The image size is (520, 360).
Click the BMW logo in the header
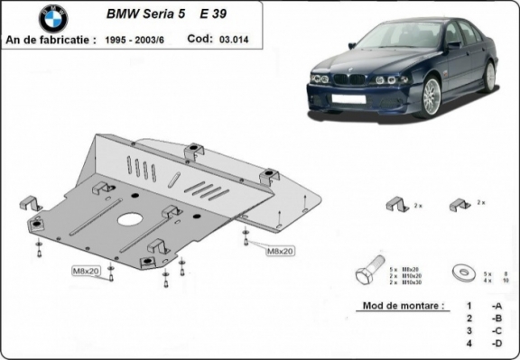tap(52, 18)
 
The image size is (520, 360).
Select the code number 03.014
tap(235, 40)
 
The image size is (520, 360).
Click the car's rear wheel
tap(489, 76)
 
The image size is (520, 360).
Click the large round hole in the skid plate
tap(131, 219)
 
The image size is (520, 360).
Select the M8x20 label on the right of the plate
tap(281, 250)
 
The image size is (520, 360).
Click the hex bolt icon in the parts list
tap(367, 272)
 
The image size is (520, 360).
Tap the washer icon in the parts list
tap(468, 272)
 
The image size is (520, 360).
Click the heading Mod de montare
tap(402, 306)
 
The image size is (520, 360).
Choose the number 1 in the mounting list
tap(469, 307)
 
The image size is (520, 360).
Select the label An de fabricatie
tap(50, 40)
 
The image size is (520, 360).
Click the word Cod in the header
tap(199, 40)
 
